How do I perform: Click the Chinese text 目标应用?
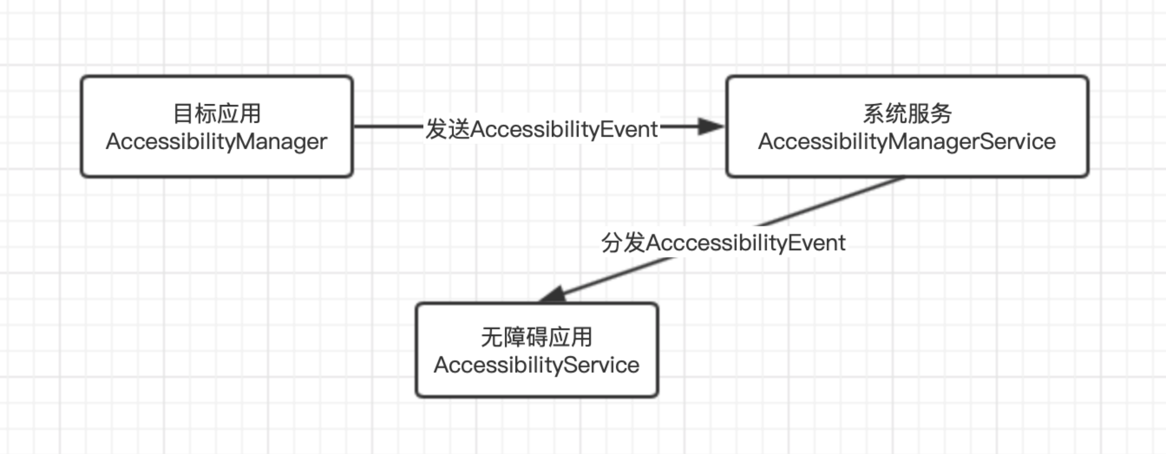coord(217,113)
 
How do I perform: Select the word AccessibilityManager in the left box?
coord(217,141)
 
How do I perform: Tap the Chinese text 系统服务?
coord(907,113)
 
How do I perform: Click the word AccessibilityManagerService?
coord(907,141)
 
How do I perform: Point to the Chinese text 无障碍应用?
coord(537,337)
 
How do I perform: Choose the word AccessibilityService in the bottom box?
coord(537,365)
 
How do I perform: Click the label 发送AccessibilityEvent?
coord(542,129)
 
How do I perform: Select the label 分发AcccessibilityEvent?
coord(723,242)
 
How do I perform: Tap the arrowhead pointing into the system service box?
coord(711,126)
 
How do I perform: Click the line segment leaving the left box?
coord(387,126)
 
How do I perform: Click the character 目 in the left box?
coord(183,113)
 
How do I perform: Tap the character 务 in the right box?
coord(941,113)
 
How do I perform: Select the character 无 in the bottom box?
coord(492,337)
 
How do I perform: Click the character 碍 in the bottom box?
coord(537,337)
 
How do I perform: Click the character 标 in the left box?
coord(205,113)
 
